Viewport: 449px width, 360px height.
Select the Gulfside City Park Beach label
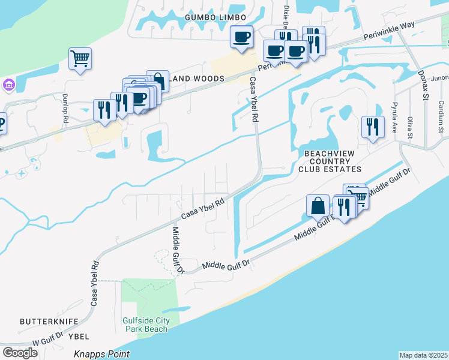tap(146, 325)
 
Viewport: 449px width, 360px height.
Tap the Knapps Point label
tap(101, 354)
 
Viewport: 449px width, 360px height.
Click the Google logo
tap(20, 353)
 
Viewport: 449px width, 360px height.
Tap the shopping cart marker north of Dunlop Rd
tap(80, 59)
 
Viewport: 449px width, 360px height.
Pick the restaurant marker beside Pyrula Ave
tap(373, 127)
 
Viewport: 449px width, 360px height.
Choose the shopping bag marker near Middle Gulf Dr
tap(318, 206)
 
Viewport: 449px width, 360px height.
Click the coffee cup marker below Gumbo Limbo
tap(242, 37)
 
